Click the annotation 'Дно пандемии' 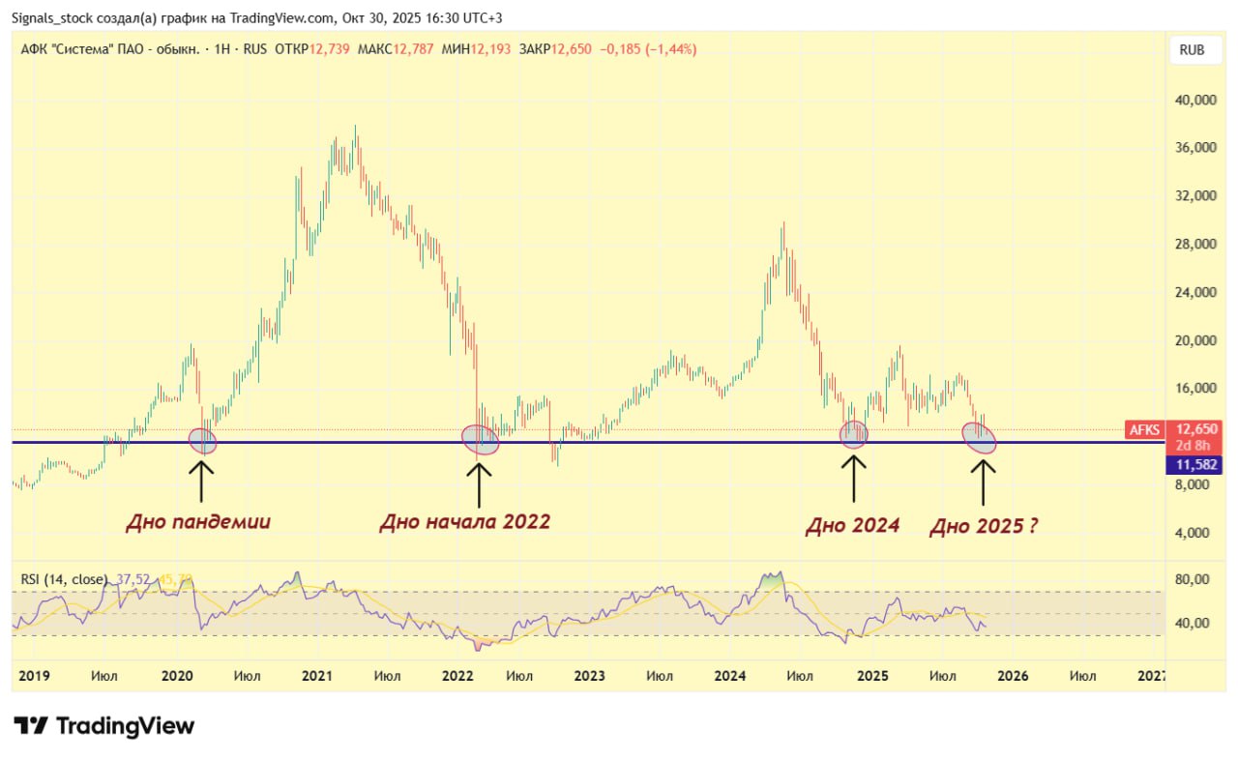(x=198, y=522)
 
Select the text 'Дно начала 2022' (x=464, y=522)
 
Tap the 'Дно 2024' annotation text (x=852, y=525)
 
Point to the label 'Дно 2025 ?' (x=984, y=527)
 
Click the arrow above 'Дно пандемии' (x=201, y=481)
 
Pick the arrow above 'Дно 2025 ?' (x=984, y=482)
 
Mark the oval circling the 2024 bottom (x=854, y=434)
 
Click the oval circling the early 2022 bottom (x=481, y=440)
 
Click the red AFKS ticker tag (x=1145, y=429)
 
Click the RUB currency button (x=1192, y=50)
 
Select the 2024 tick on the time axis (x=731, y=675)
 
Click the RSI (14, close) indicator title (x=64, y=579)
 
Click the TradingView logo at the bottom (x=103, y=726)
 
